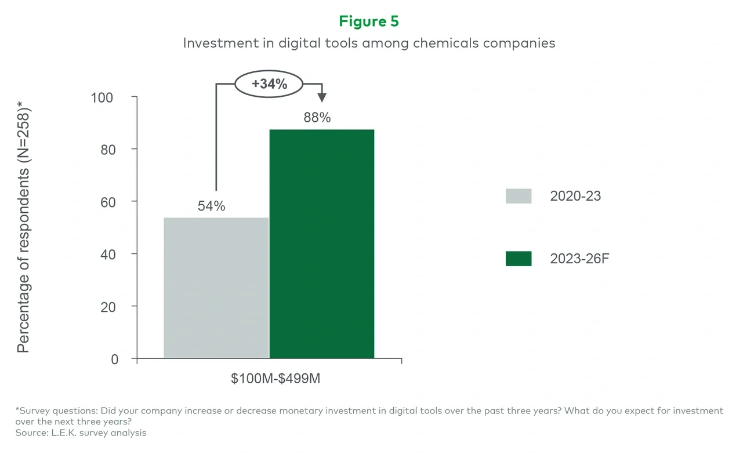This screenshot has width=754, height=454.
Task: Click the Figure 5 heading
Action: click(x=369, y=21)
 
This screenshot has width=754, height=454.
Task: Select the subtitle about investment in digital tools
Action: click(x=369, y=43)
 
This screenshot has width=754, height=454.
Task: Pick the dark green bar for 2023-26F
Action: click(x=322, y=244)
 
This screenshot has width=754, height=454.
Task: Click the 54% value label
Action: click(x=211, y=206)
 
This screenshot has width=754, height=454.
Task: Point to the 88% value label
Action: click(x=317, y=118)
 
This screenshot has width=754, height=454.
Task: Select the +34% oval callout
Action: click(x=269, y=84)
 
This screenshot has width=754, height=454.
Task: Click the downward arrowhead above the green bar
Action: click(x=322, y=97)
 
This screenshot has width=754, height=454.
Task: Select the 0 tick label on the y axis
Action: click(x=114, y=359)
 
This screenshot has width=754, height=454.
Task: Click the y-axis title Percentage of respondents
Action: click(x=23, y=226)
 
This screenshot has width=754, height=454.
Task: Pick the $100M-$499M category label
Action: click(x=275, y=379)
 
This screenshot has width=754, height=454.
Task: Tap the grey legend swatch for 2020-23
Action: click(x=518, y=196)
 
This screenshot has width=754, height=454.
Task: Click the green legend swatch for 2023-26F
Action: click(x=518, y=259)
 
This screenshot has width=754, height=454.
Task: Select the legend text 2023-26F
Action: click(x=579, y=259)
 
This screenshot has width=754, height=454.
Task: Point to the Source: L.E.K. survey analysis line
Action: click(x=81, y=433)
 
